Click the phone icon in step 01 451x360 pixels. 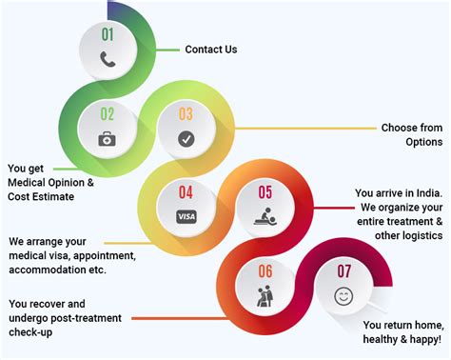coord(108,58)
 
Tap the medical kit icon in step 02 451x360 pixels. coord(108,138)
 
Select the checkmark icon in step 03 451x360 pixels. coord(186,138)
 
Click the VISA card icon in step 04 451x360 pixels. coord(186,216)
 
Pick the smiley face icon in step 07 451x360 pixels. coord(343,296)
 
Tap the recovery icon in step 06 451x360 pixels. coord(265,296)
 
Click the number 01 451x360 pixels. coord(108,35)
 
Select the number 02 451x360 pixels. coord(108,114)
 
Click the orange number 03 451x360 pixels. coord(186,114)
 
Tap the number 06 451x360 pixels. coord(265,272)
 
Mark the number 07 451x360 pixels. coord(343,272)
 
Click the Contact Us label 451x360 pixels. coord(211,50)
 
